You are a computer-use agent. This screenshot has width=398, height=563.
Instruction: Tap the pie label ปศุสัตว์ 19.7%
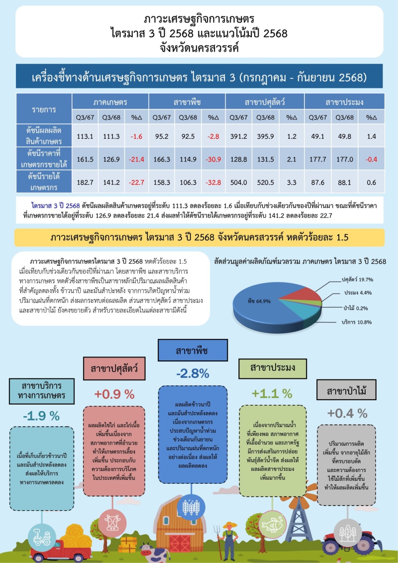pyautogui.click(x=357, y=279)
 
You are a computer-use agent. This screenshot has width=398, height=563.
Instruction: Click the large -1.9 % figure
pyautogui.click(x=41, y=415)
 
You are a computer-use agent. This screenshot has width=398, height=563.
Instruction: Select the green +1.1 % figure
pyautogui.click(x=272, y=393)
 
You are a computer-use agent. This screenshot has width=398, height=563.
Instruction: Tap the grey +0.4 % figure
pyautogui.click(x=347, y=413)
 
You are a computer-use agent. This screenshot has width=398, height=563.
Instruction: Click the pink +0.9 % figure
pyautogui.click(x=114, y=394)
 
